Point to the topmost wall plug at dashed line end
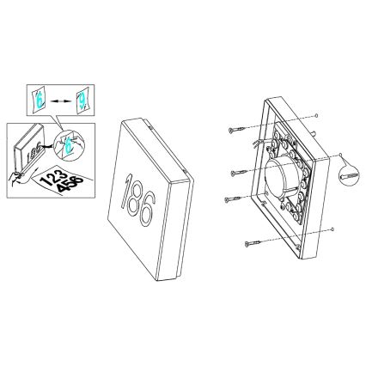[x=320, y=114]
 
